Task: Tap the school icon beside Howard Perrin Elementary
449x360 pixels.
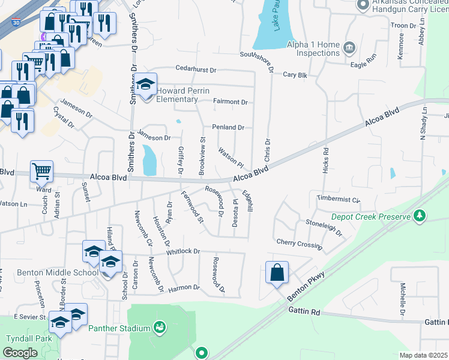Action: click(145, 85)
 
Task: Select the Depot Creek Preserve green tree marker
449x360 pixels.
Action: click(420, 215)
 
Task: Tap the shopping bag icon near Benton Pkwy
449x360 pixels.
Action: click(277, 273)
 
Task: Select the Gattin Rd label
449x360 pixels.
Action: click(306, 311)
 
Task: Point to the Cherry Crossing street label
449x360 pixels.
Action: click(300, 243)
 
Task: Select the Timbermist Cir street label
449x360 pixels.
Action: click(334, 198)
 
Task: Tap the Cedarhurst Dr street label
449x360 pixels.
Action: click(196, 70)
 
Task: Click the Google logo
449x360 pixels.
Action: click(20, 353)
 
